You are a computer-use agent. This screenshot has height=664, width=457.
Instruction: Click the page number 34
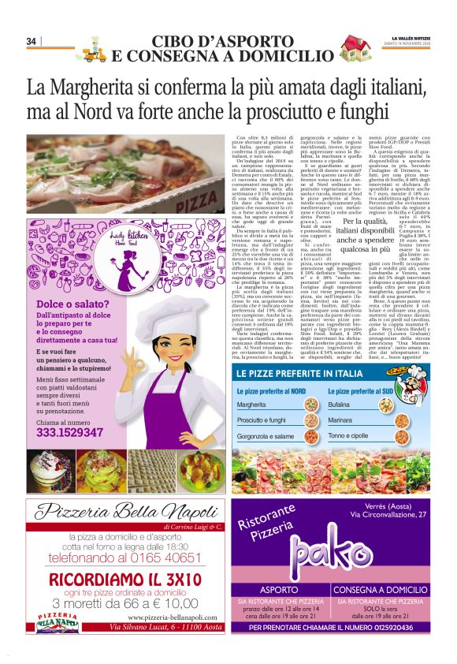32,41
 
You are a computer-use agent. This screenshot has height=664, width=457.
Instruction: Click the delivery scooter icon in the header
95,49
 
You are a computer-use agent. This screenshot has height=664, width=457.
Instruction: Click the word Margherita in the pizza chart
252,405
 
